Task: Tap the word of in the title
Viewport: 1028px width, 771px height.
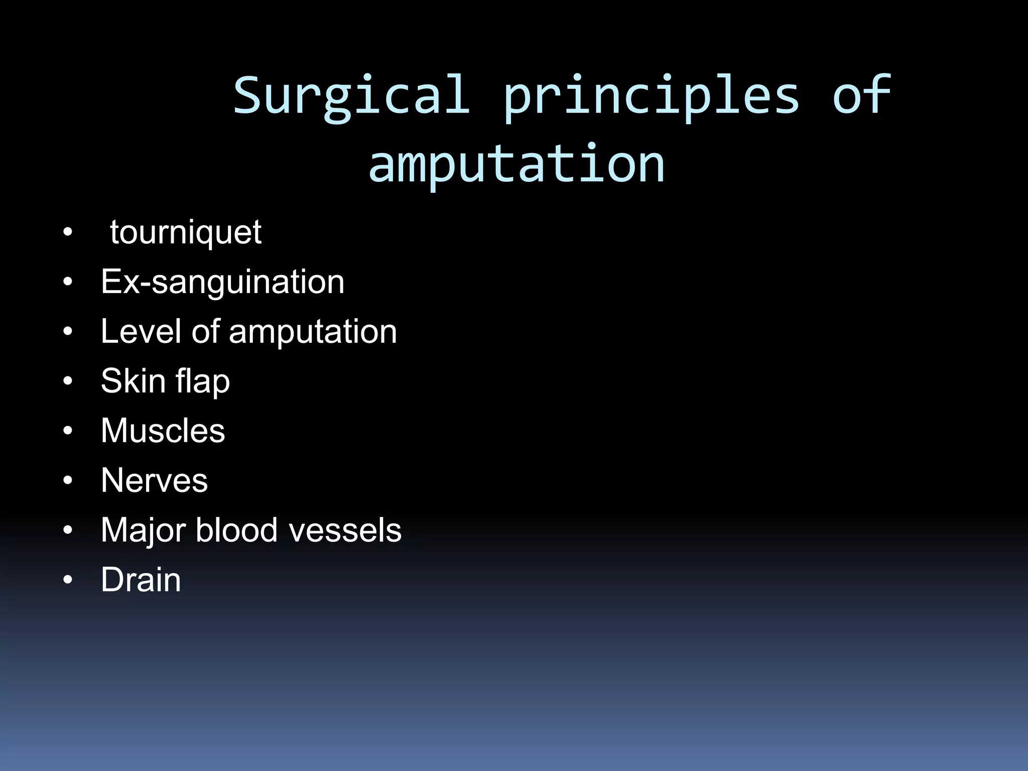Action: pos(861,95)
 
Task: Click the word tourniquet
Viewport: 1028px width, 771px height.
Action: pos(186,232)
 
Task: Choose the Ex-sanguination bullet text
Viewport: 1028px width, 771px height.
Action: pos(222,282)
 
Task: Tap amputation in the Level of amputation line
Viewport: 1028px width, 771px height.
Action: pos(313,332)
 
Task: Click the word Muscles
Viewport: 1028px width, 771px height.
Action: pos(163,431)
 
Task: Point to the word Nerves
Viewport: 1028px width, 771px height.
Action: pos(154,480)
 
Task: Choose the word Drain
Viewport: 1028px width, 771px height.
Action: pos(141,580)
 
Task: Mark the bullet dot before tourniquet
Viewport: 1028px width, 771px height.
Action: pos(68,233)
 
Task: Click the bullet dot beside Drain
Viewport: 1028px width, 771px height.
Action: pos(68,580)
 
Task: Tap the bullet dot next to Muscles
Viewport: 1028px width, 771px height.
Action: pos(68,431)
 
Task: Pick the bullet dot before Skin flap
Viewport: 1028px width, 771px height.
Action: pos(68,381)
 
